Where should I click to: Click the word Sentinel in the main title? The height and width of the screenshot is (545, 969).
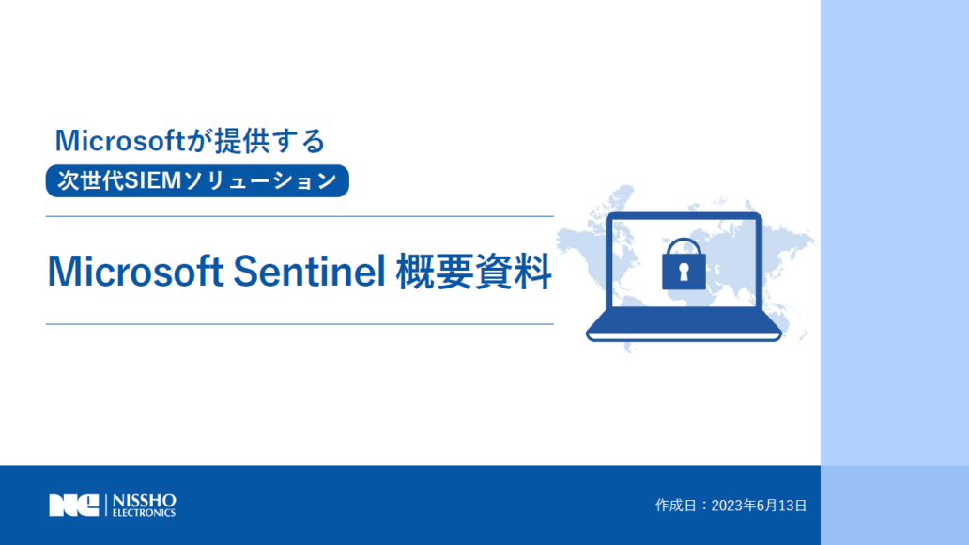click(309, 271)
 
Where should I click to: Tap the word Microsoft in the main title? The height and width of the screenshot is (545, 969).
click(135, 271)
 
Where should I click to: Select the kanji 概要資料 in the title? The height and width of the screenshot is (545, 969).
click(473, 271)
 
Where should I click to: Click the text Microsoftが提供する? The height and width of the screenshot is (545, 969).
click(190, 140)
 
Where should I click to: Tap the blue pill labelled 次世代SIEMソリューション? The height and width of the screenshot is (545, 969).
click(197, 180)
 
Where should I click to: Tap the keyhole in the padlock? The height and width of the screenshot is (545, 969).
click(684, 272)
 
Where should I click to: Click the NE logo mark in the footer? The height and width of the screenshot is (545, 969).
click(74, 506)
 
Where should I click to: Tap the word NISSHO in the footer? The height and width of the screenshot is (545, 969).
click(145, 501)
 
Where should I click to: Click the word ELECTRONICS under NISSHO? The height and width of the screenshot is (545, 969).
click(144, 513)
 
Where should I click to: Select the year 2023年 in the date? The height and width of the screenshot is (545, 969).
click(735, 506)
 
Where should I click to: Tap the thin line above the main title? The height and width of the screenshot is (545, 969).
click(300, 216)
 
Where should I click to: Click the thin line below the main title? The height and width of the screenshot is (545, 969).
click(300, 324)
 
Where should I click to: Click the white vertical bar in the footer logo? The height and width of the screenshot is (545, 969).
click(106, 506)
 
